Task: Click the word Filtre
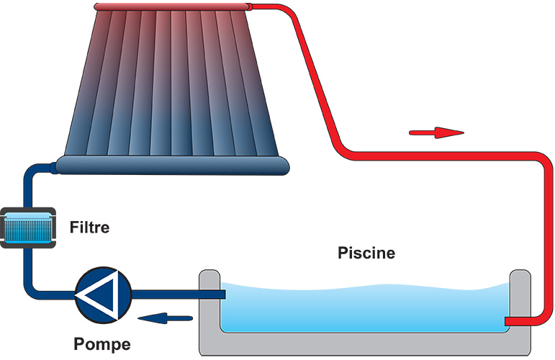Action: pos(89,228)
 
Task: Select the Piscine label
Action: pos(366,253)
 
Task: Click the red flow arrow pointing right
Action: pos(436,132)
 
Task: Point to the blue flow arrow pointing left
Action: pos(166,318)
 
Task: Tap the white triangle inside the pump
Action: pos(101,294)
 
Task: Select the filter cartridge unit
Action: pos(27,228)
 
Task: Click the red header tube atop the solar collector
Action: pos(173,7)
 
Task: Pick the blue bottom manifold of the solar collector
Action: pos(173,166)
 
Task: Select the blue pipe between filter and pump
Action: pos(28,266)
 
